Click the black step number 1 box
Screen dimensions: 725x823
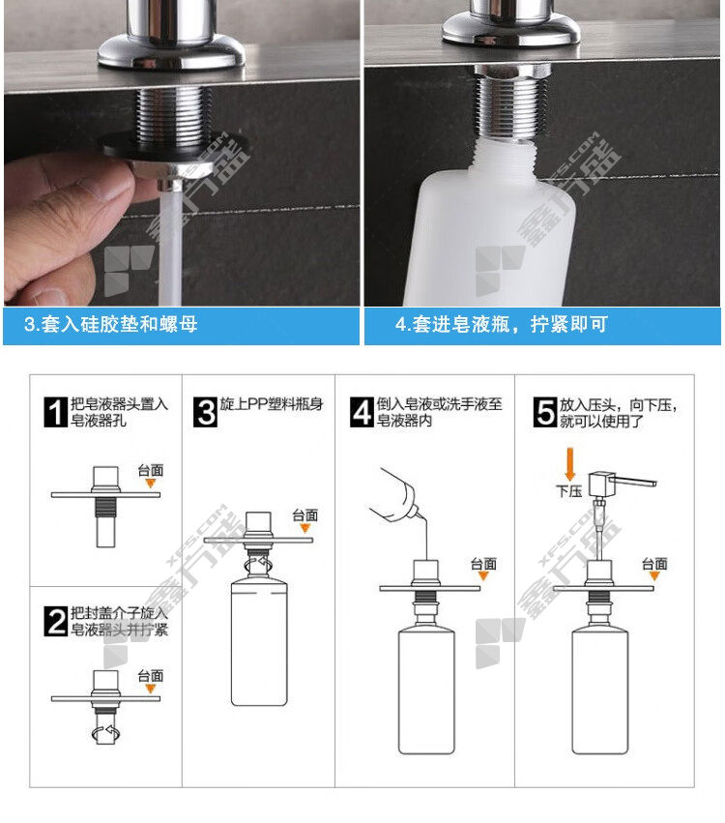point(56,412)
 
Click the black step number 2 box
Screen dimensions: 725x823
point(56,621)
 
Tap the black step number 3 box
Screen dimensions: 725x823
point(205,412)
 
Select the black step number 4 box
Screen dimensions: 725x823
point(362,412)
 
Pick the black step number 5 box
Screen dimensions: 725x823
point(545,412)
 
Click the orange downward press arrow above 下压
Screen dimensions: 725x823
point(570,463)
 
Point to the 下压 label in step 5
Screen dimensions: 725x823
point(569,490)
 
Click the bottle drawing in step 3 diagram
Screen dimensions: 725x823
point(259,641)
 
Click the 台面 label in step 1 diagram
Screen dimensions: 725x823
point(151,470)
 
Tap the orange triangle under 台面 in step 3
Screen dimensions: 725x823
point(304,528)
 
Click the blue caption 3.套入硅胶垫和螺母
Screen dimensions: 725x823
point(111,324)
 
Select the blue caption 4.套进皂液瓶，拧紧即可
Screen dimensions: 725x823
point(502,324)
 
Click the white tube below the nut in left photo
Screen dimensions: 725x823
point(170,247)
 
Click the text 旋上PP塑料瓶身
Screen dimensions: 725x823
point(272,403)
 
